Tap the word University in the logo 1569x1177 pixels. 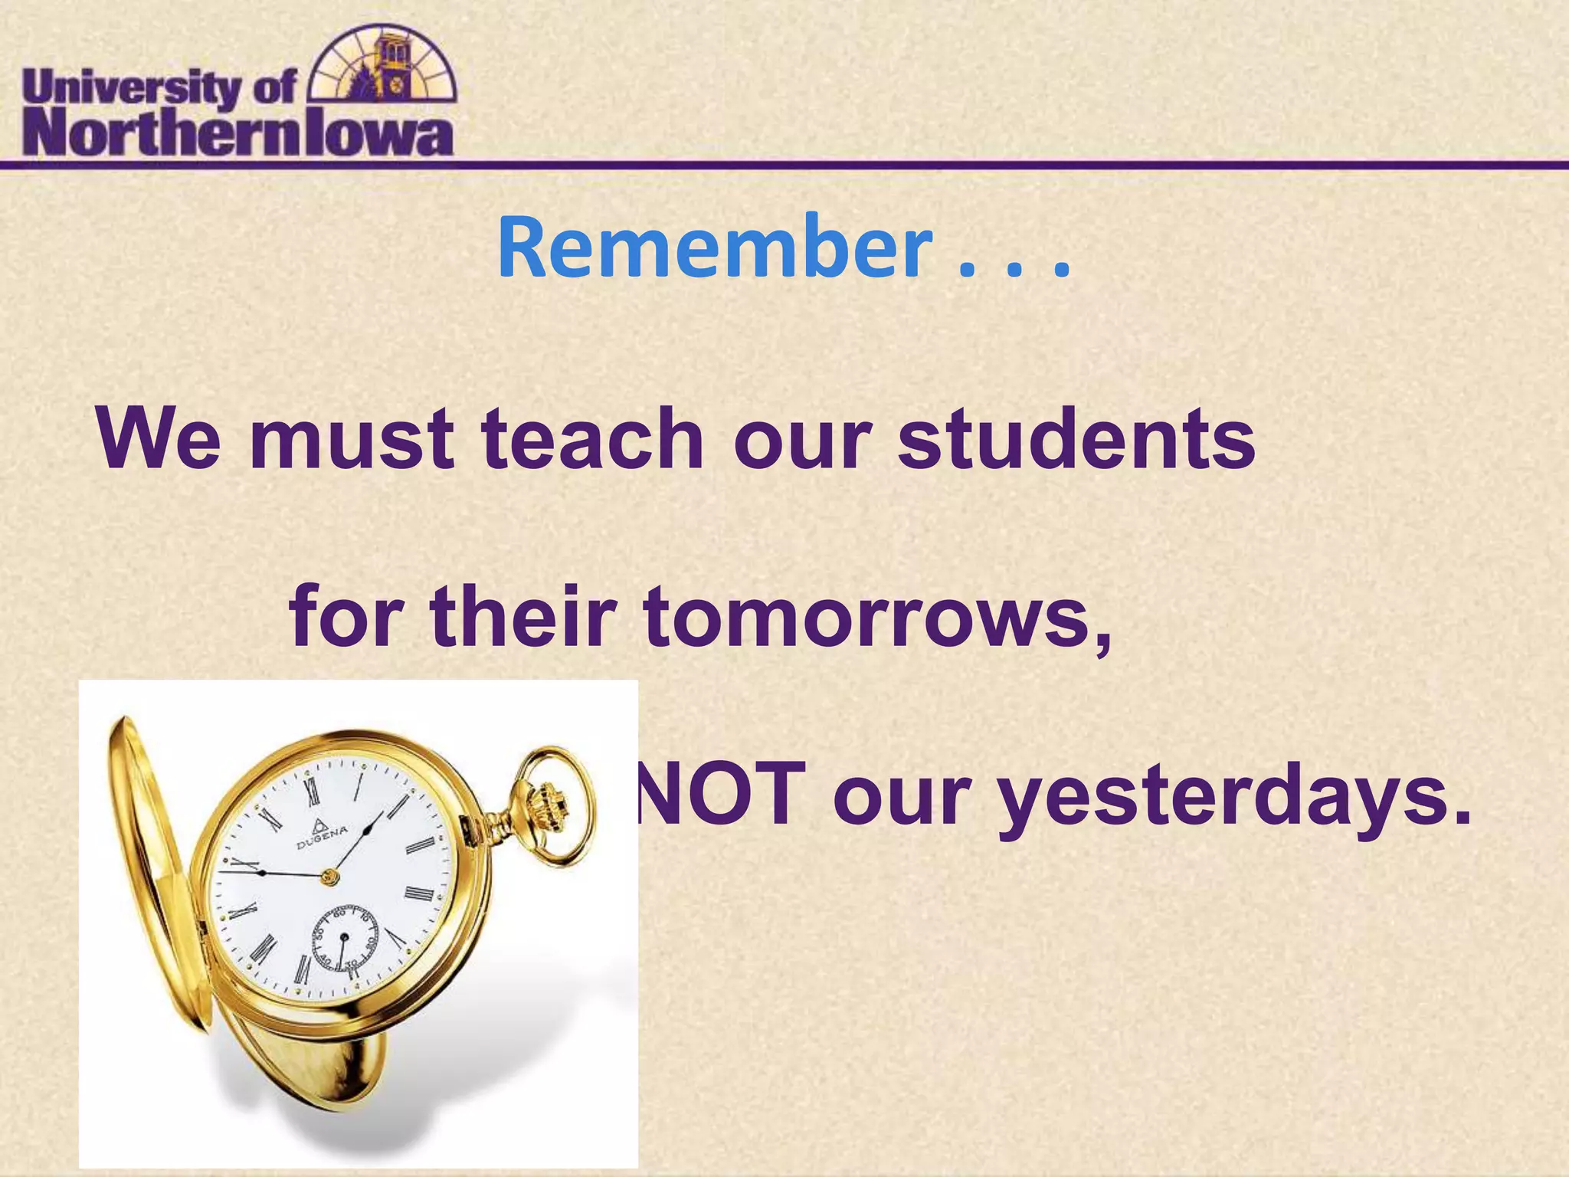click(x=131, y=90)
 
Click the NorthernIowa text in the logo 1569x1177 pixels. click(x=237, y=136)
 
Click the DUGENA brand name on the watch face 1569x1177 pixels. click(x=322, y=837)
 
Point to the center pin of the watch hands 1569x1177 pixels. click(x=330, y=876)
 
